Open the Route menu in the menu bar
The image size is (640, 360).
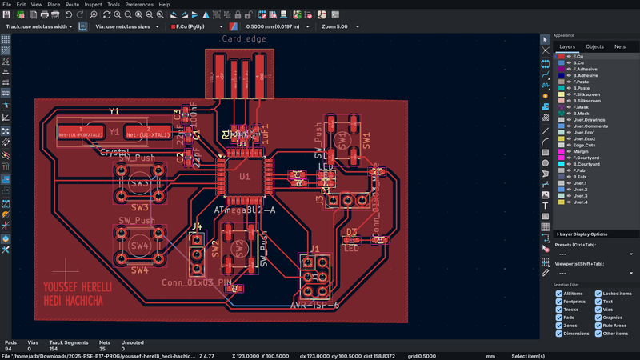coord(72,5)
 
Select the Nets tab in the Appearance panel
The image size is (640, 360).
coord(619,47)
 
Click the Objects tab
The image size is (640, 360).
coord(594,47)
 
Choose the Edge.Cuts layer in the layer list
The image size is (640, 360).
coord(585,146)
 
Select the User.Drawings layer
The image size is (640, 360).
coord(590,120)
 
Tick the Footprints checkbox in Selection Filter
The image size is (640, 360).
coord(559,302)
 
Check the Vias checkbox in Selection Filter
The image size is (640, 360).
coord(598,310)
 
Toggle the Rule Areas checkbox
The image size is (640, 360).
coord(598,326)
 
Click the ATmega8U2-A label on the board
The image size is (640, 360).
coord(245,210)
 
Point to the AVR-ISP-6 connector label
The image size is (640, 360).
coord(314,305)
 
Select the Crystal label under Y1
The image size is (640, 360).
coord(114,151)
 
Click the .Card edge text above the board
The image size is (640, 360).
coord(242,38)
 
